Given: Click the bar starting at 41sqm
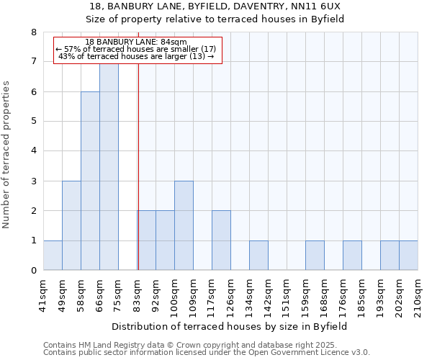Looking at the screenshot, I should point(53,256).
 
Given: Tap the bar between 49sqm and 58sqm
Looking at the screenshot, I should point(71,225).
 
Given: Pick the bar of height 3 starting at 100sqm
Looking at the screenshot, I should point(184,225).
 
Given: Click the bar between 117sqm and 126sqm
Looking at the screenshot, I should point(221,240).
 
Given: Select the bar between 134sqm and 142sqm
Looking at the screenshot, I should point(258,256).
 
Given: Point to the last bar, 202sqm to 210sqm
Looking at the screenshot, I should point(408,256).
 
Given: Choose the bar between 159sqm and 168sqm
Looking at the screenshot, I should point(315,256).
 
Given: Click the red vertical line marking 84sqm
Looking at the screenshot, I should point(138,166).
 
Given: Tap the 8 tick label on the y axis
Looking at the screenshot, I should point(34,32).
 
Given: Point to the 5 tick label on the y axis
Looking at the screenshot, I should point(34,122).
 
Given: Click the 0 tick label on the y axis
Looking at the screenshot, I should point(34,271).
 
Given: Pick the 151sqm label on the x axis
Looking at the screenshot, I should point(287,292).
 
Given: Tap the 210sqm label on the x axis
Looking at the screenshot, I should point(418,292).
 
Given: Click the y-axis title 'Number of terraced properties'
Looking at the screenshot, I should point(7,154).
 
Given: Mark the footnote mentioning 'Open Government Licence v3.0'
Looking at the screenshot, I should point(207,353).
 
